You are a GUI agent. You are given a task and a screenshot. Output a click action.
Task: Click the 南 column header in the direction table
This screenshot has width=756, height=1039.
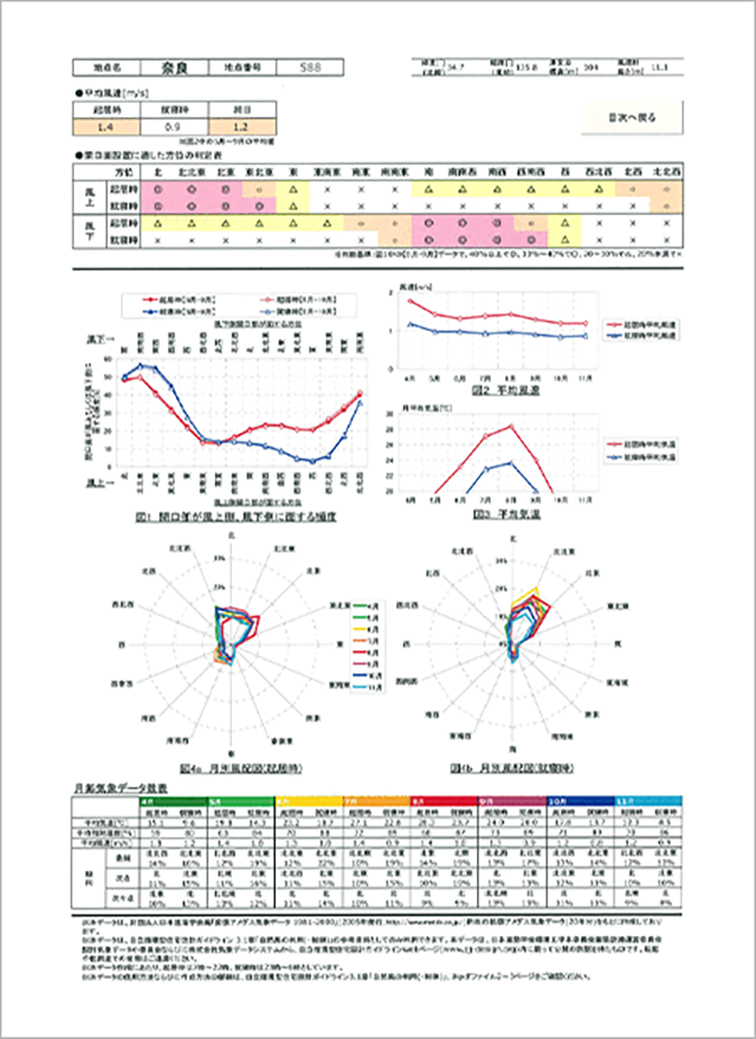[427, 171]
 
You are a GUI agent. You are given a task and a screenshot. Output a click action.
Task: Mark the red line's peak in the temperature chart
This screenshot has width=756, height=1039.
[511, 427]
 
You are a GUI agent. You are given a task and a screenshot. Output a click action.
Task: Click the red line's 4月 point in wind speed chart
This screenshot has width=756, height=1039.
[410, 301]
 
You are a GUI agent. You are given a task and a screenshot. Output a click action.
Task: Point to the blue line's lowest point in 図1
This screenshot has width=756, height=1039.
[312, 462]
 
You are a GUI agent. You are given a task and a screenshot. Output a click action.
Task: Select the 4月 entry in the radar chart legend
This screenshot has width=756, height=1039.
[344, 606]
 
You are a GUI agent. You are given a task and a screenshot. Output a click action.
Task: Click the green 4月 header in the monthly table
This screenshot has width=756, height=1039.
[147, 801]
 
